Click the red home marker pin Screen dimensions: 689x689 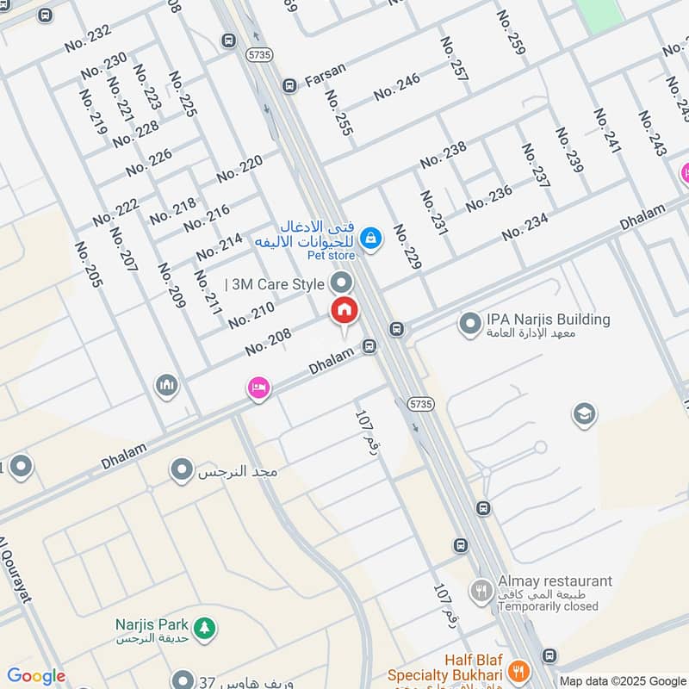(x=344, y=310)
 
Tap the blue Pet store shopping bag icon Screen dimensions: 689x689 (x=371, y=237)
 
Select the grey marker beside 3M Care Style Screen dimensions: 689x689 (x=343, y=282)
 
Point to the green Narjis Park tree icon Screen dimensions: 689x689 (x=204, y=628)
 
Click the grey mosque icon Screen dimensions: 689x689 (x=167, y=385)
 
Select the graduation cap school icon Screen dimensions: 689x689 (x=585, y=414)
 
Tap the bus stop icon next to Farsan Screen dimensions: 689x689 (x=289, y=85)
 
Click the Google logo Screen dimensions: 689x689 (x=36, y=676)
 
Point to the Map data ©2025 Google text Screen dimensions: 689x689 (x=622, y=680)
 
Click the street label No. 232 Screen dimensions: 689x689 (x=88, y=39)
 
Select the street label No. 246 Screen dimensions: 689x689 (x=396, y=86)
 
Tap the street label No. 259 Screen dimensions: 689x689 (x=511, y=33)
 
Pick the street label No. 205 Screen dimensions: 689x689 (x=88, y=264)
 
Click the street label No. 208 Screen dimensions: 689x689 (x=268, y=343)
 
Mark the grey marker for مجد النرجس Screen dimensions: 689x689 (x=182, y=470)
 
